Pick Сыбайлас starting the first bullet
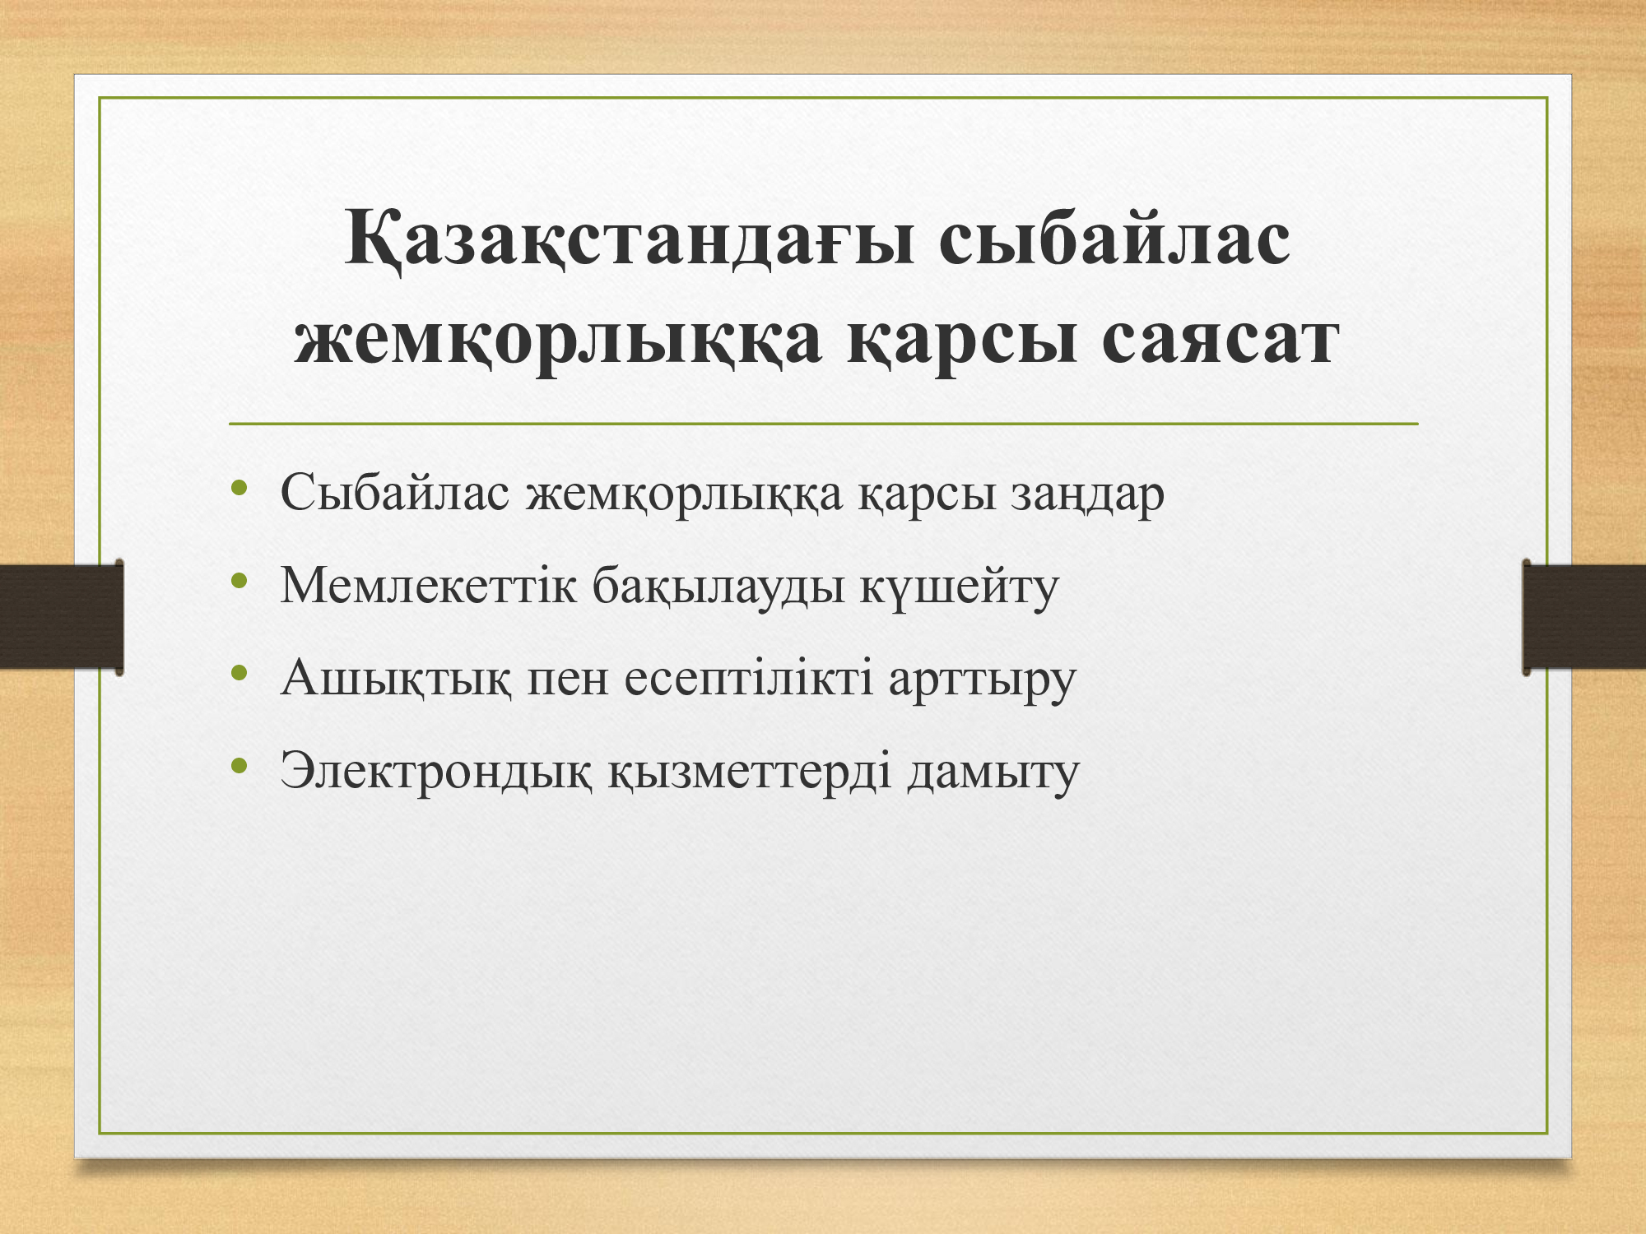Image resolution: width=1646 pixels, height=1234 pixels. point(395,493)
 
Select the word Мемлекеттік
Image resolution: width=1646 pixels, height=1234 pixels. point(428,585)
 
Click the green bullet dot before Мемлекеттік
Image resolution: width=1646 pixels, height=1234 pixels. point(239,582)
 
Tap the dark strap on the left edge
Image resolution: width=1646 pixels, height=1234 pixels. point(62,616)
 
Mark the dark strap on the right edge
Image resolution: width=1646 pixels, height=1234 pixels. point(1584,616)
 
